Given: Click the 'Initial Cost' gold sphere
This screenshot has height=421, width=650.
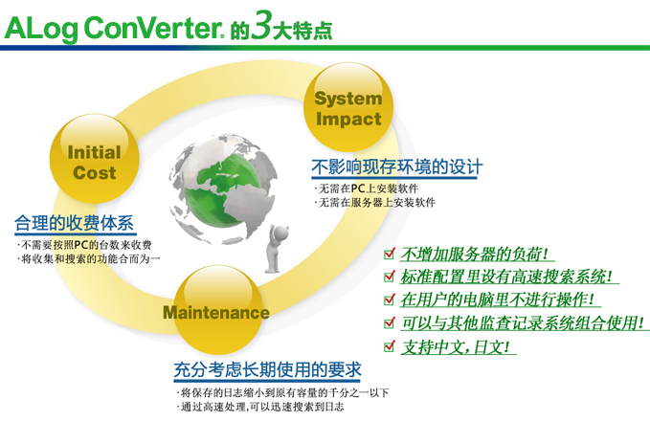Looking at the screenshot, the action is pos(95,159).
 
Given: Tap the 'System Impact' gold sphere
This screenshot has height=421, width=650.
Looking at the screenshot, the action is pos(348,107).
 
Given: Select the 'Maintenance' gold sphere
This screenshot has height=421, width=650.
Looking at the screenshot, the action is pos(217,310).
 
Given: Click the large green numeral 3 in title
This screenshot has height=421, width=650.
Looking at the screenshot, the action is pos(261,25).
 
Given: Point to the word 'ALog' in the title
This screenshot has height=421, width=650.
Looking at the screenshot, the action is pos(40,29).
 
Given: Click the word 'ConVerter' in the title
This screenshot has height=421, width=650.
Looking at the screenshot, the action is pos(152,28).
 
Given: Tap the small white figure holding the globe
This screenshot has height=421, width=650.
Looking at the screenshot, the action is pos(276,249).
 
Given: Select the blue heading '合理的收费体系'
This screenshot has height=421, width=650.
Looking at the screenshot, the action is pos(75,223).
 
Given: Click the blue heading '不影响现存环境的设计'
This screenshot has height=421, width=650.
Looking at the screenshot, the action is pos(396,167).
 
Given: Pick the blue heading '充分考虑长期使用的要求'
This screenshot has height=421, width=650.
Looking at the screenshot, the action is pos(268,369).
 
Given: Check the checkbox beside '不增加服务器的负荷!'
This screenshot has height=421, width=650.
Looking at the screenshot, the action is pos(390,253).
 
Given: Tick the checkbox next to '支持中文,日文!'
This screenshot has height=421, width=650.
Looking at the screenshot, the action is pos(390,345).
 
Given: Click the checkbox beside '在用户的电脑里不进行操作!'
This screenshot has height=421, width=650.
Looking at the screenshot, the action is pos(390,299).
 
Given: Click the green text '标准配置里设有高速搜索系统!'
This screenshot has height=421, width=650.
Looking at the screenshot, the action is pos(506,277).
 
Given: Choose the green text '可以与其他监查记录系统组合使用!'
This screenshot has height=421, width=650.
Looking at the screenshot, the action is pos(523,323).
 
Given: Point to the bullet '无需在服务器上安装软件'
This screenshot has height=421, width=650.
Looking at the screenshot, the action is pos(374,203).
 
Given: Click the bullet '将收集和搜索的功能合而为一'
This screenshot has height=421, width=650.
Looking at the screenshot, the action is pos(89,259).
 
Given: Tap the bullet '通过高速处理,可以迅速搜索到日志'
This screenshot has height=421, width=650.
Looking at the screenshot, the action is pos(260,407).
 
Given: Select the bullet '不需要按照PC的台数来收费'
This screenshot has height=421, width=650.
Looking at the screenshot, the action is pos(84,245).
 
